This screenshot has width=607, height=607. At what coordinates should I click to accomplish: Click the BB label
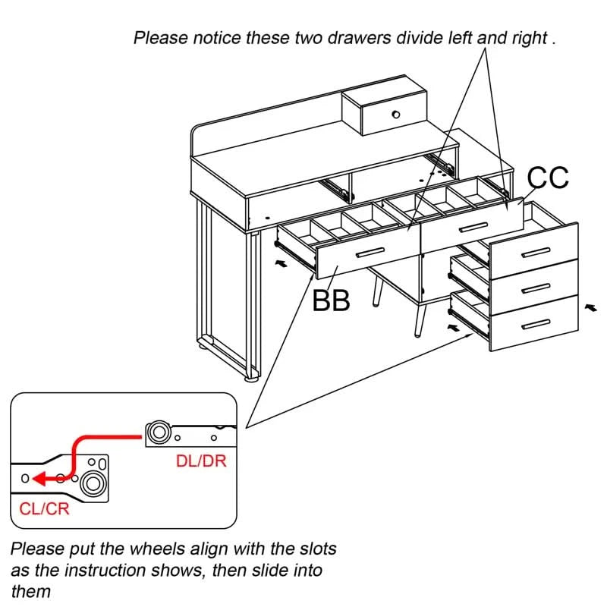tap(332, 300)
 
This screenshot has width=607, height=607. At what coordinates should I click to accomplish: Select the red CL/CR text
tap(44, 508)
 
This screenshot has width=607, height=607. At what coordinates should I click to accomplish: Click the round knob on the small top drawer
tap(395, 115)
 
